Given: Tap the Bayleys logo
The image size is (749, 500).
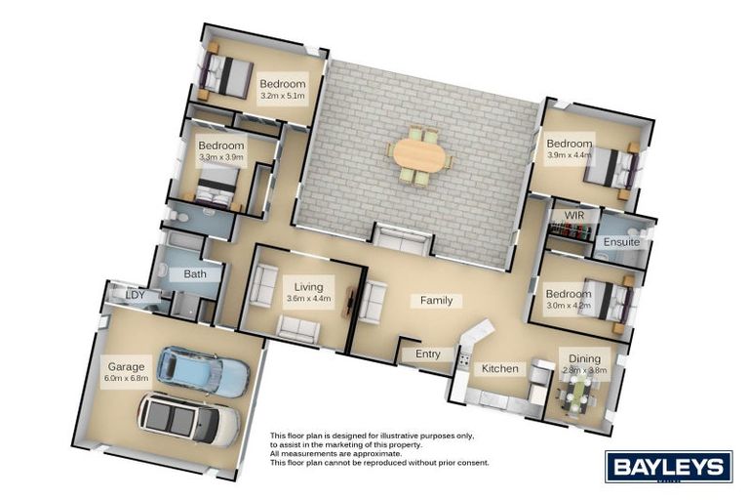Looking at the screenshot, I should click(x=668, y=466).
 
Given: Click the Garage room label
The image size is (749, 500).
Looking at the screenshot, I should click(x=127, y=366).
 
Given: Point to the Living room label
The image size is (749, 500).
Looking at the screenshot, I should click(x=308, y=288).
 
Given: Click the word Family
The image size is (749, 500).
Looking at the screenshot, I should click(x=436, y=301).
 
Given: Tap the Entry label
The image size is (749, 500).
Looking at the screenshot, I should click(x=428, y=354).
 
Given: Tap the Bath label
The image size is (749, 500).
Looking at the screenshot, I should click(x=195, y=274).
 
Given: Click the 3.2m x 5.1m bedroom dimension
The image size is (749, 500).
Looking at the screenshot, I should click(x=283, y=97).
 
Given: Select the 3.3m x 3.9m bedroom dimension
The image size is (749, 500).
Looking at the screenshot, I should click(x=221, y=157).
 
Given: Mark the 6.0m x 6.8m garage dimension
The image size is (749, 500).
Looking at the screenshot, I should click(x=127, y=378).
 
